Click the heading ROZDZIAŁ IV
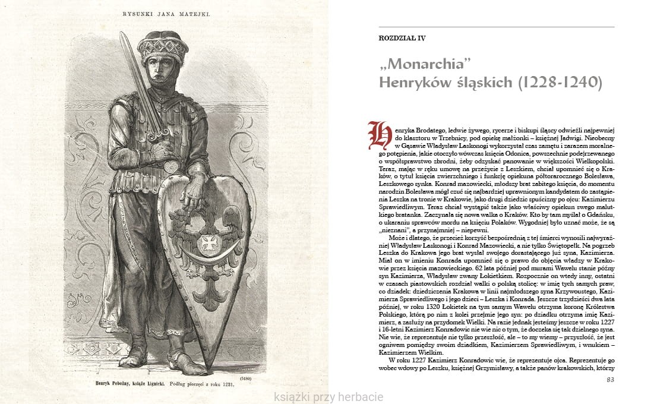[402, 38]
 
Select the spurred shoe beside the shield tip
[185, 361]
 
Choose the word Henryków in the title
[413, 83]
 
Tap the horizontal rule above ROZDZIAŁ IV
[497, 27]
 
